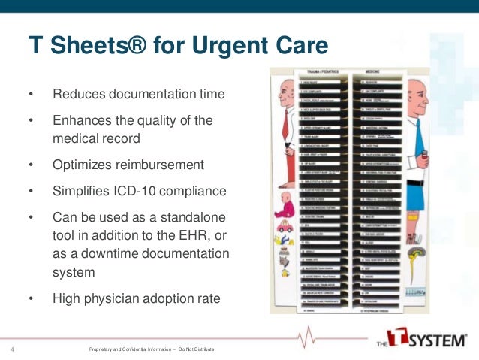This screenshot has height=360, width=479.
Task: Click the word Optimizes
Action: [x=84, y=165]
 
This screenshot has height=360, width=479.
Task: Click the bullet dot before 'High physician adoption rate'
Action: [x=31, y=298]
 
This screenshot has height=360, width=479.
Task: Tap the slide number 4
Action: [x=13, y=349]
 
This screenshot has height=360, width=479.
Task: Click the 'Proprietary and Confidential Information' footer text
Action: [x=143, y=349]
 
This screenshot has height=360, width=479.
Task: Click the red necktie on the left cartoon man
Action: [x=288, y=116]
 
